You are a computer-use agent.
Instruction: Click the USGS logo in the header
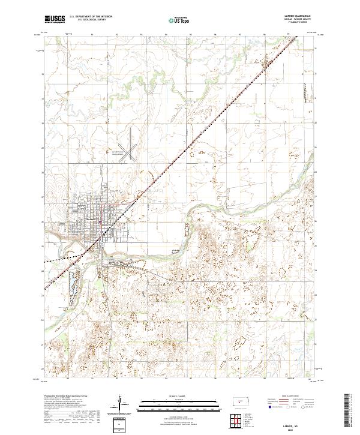pos(55,20)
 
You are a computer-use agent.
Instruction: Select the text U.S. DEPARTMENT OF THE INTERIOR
pos(91,17)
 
